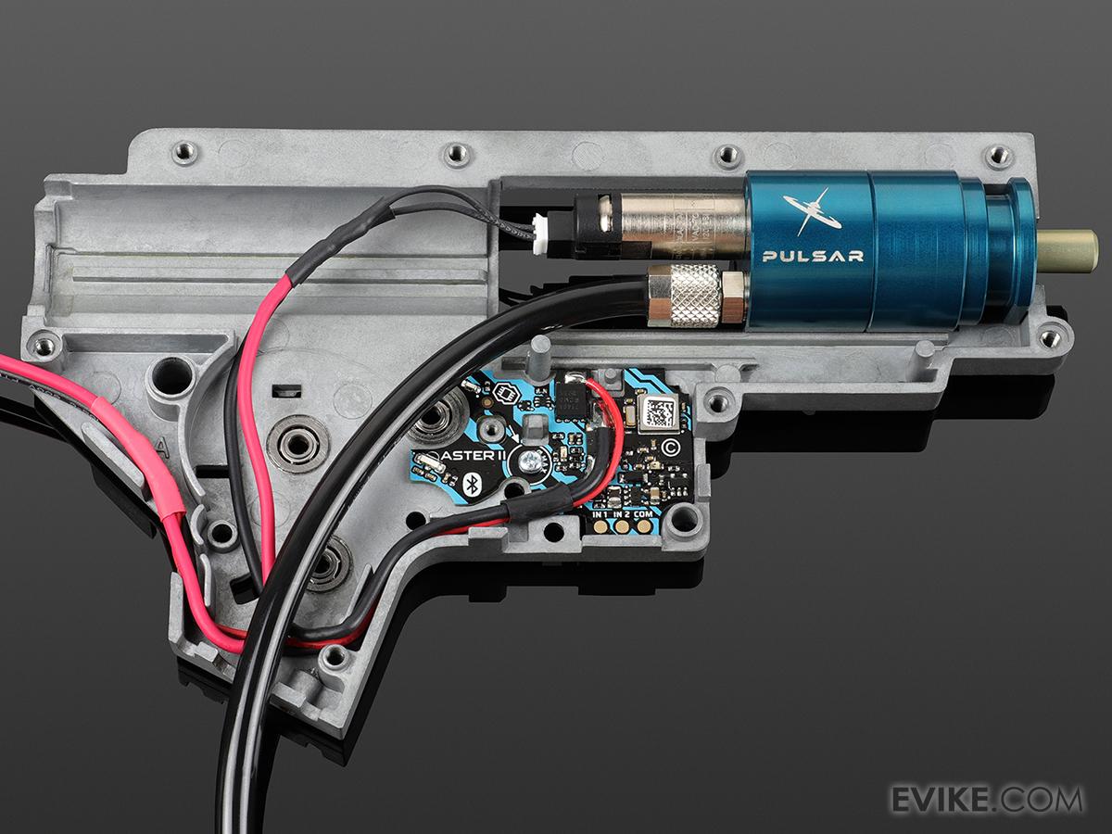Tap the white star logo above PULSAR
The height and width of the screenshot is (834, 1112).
pos(811,212)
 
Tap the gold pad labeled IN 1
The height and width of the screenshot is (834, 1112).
pos(600,528)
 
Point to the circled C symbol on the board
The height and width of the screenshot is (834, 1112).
pos(672,448)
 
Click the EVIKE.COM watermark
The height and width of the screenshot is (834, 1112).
pos(986,799)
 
